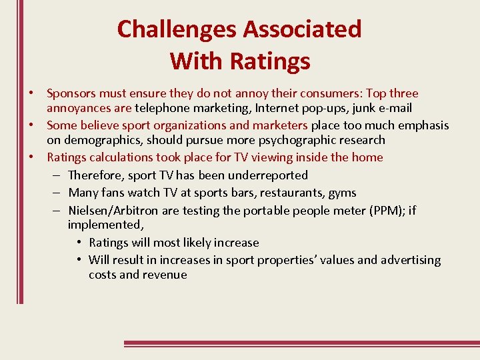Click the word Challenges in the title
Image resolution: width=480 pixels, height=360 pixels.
click(x=177, y=29)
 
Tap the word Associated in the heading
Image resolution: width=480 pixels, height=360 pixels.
click(x=302, y=29)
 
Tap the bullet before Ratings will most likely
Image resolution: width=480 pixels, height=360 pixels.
click(x=79, y=243)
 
